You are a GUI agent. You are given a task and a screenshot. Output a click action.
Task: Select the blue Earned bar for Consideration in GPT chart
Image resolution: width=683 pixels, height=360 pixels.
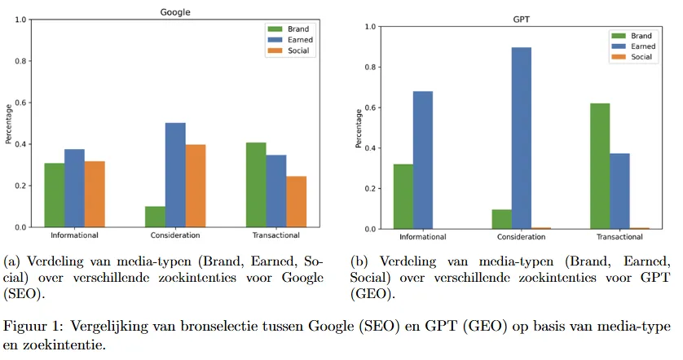[521, 138]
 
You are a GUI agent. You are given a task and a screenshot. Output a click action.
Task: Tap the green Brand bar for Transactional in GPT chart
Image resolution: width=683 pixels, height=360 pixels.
[599, 166]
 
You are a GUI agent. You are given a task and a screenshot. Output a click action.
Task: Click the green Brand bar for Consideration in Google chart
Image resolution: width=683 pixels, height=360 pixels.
[154, 217]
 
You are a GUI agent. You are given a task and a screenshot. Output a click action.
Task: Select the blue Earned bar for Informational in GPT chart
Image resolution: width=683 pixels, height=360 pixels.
[422, 160]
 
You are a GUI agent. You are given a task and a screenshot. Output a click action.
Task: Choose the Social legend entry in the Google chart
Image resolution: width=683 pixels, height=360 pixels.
[297, 50]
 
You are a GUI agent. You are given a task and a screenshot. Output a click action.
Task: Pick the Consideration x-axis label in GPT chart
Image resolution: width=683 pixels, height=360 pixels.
[521, 237]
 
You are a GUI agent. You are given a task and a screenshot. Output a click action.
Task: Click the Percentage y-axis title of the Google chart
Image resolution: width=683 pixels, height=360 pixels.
[7, 123]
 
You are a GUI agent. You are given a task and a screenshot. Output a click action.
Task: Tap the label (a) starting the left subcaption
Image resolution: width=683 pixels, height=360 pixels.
[12, 262]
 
